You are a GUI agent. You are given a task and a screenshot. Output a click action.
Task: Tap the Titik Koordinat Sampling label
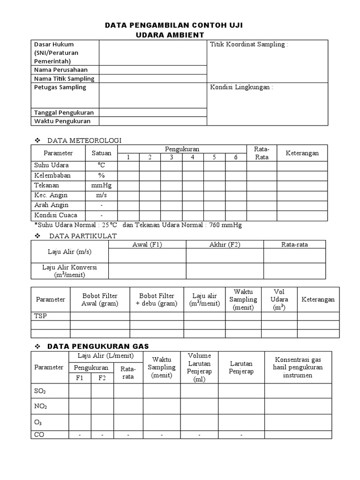point(248,45)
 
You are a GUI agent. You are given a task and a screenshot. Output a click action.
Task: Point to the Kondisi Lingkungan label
point(241,87)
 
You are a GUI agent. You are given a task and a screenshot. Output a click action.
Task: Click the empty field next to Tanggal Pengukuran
point(152,112)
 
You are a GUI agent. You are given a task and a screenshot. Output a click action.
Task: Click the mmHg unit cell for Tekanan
point(101,185)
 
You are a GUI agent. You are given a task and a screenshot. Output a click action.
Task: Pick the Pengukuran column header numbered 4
point(193,157)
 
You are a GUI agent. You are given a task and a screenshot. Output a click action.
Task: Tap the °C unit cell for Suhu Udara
point(101,165)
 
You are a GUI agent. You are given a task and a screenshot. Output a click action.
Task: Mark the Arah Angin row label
point(51,205)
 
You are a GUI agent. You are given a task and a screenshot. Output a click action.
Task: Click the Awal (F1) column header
point(147,244)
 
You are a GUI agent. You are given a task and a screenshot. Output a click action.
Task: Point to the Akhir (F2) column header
point(225,244)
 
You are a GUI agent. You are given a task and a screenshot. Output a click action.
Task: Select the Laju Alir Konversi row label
point(69,270)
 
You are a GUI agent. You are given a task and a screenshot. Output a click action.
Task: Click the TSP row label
point(41,316)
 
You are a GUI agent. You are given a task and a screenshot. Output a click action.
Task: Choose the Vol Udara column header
point(279,299)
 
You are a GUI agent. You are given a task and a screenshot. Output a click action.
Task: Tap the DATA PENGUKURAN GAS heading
point(98,346)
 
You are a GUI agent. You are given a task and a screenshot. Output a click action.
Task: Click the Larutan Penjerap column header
point(241,367)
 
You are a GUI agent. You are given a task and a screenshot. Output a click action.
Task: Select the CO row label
point(39,435)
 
